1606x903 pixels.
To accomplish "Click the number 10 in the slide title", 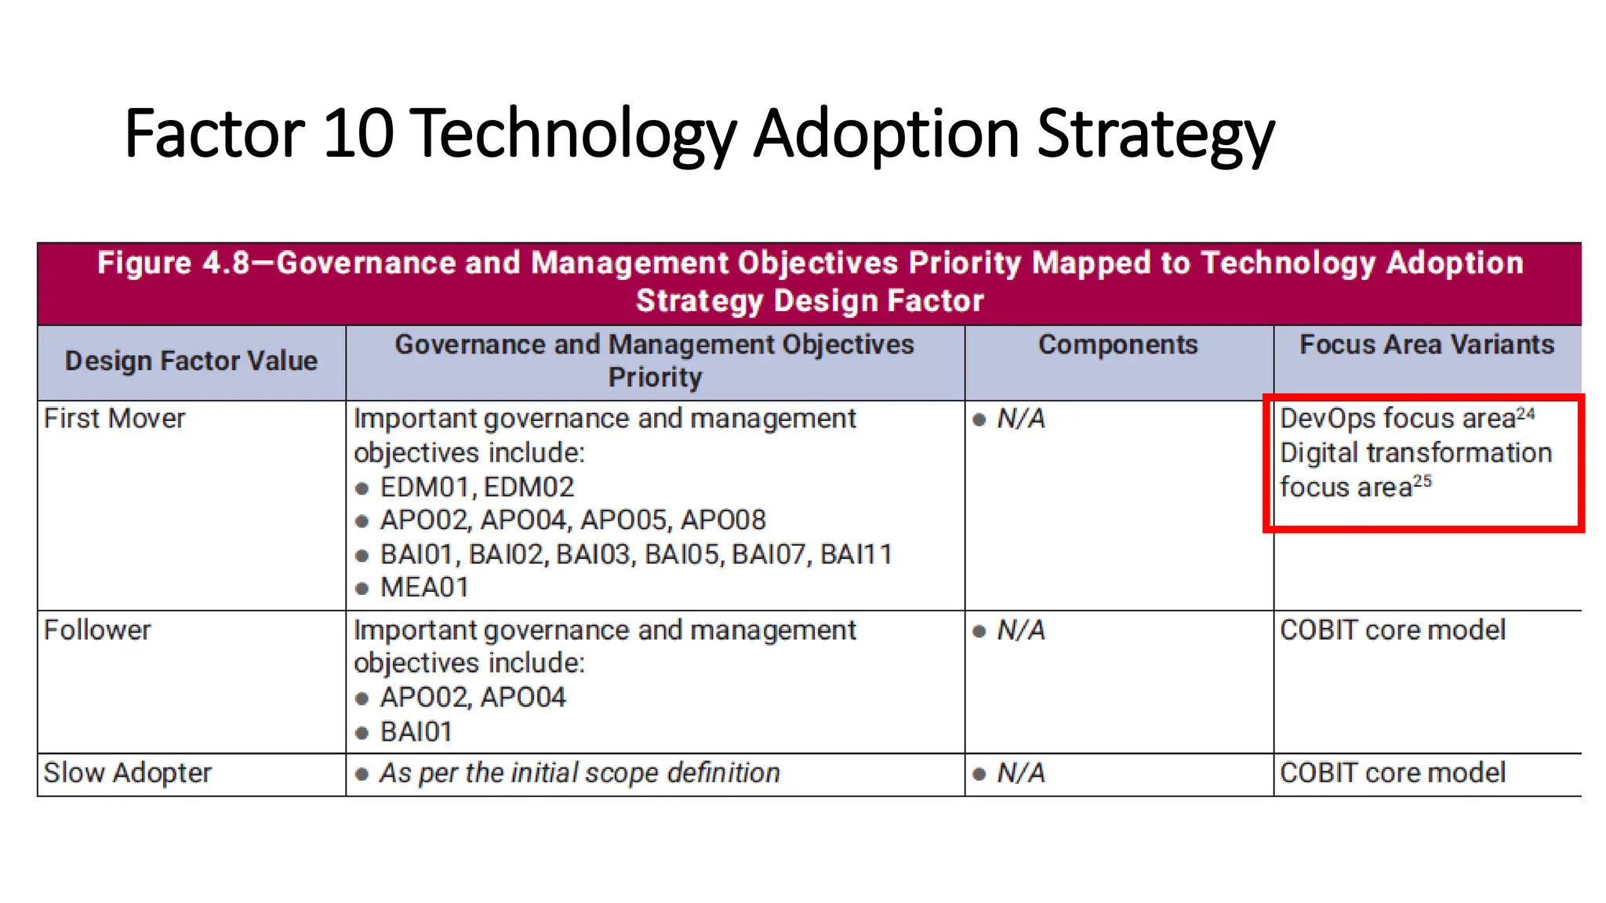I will pos(358,133).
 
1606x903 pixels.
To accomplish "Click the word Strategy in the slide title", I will pos(1156,135).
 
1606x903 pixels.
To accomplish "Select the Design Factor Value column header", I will pos(191,361).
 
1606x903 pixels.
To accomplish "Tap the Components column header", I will pos(1117,345).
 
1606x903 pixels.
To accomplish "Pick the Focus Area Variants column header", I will pos(1426,345).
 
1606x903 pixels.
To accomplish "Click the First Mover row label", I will pos(114,419).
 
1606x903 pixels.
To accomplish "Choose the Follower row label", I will pos(97,630).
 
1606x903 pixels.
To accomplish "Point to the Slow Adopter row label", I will pos(127,773).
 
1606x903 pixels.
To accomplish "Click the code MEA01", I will pos(424,588).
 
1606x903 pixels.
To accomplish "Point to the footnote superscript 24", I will pos(1525,414).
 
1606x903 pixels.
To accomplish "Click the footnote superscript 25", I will pos(1423,482).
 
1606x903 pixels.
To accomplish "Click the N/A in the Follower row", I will pos(1020,630).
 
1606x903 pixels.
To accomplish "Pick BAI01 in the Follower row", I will pos(416,732).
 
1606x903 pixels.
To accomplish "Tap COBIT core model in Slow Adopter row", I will pos(1393,773).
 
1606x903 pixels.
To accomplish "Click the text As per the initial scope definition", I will pos(580,773).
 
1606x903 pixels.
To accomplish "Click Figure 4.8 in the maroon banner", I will pos(173,263).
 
